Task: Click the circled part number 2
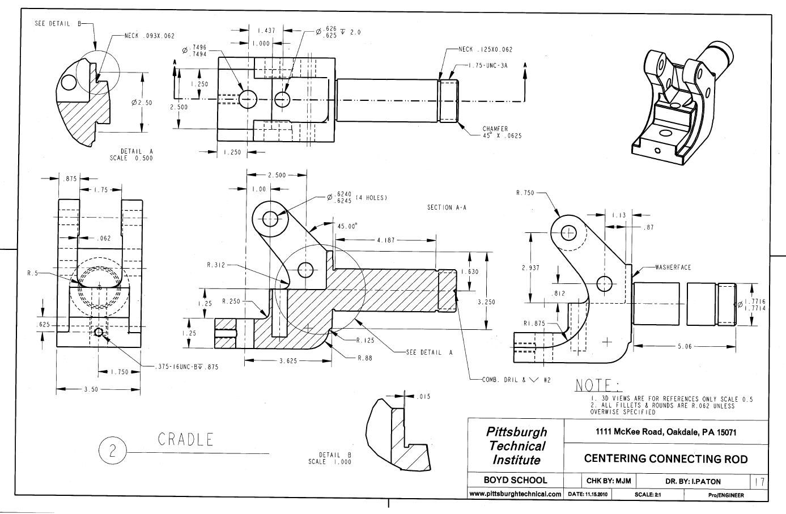(112, 451)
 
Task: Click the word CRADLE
(185, 439)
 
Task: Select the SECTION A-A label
(447, 208)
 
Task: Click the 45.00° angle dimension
(347, 226)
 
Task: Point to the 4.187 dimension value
(386, 240)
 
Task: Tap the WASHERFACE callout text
(673, 267)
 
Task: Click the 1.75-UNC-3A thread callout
(488, 66)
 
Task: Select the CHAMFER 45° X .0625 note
(502, 133)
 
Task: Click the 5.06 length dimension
(685, 346)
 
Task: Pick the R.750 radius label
(525, 193)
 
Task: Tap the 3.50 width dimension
(91, 389)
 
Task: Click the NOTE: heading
(598, 386)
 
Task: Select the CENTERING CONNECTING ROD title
(666, 459)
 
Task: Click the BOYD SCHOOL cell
(515, 481)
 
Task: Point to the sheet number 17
(759, 482)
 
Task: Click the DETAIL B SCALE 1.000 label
(330, 458)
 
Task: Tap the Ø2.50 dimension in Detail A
(142, 103)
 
